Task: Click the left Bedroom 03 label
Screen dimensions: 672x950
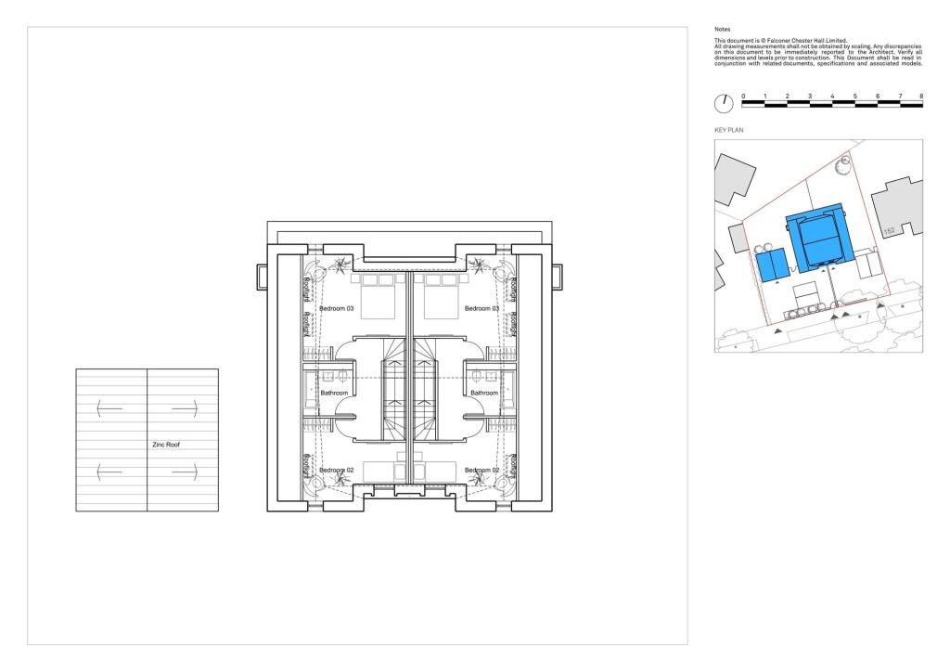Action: coord(337,308)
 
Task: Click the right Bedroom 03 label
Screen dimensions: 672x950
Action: coord(481,308)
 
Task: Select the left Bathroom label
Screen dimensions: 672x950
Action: coord(334,393)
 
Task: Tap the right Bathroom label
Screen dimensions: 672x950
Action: coord(484,393)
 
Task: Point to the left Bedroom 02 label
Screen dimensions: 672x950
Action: coord(337,471)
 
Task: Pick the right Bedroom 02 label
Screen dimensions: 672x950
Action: coord(481,471)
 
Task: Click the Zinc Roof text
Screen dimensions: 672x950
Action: coord(165,445)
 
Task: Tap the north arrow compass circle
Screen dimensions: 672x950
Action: coord(724,102)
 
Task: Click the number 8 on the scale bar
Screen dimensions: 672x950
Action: coord(921,97)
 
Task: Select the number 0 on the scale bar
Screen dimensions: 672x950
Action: coord(742,97)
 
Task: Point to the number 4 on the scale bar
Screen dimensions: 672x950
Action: coord(832,97)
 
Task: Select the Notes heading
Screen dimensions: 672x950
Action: coord(722,30)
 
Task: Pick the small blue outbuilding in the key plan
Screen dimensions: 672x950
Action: coord(771,265)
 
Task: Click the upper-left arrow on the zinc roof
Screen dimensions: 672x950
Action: coord(109,406)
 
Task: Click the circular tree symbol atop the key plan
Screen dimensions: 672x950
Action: coord(843,166)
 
